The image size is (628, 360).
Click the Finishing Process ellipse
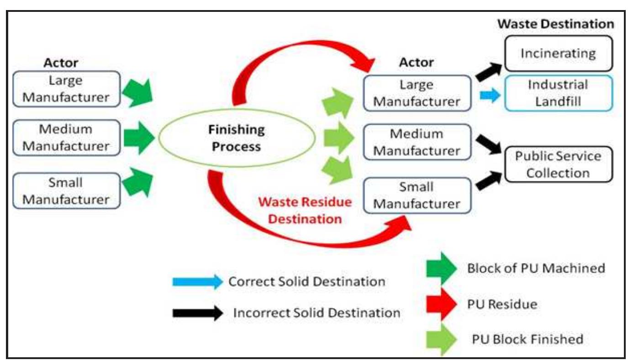tap(237, 138)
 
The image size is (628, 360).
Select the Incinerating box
tap(558, 53)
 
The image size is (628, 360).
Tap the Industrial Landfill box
tap(558, 93)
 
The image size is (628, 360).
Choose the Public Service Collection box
tap(558, 164)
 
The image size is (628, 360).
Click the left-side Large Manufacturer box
tap(66, 89)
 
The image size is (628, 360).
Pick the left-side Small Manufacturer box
tap(66, 191)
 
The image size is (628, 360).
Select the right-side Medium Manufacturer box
tap(417, 142)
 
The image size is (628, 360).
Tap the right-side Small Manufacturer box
tap(417, 195)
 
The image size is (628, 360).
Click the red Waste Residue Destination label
tap(304, 210)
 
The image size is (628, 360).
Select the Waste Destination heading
tap(555, 24)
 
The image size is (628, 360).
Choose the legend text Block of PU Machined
tap(536, 268)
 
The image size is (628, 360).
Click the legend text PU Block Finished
tap(528, 339)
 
